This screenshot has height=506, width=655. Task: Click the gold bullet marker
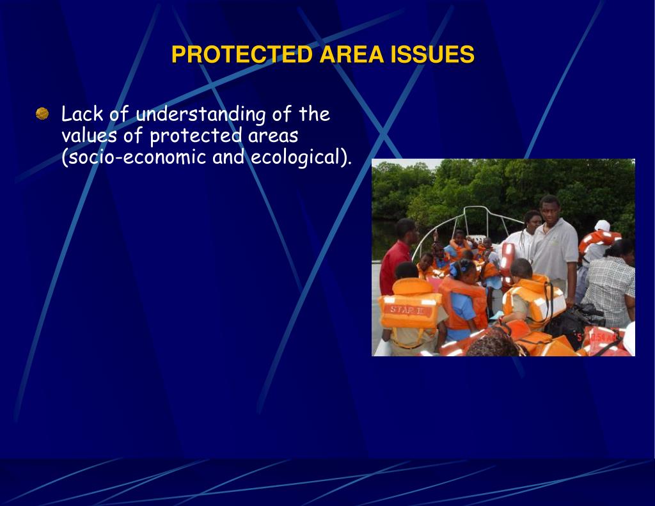[42, 114]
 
